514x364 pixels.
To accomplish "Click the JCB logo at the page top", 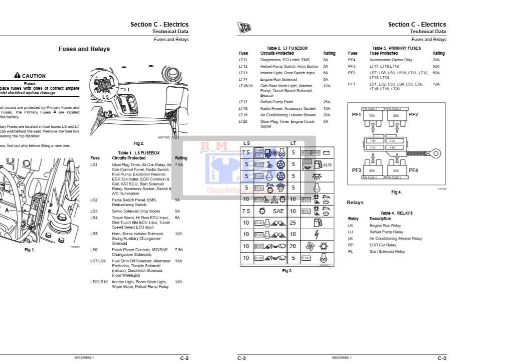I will (244, 28).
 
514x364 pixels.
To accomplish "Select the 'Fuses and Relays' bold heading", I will (84, 49).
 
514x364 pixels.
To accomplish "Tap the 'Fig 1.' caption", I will (30, 250).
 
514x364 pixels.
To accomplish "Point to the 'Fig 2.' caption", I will (139, 143).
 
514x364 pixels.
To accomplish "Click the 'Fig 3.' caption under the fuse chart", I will (287, 271).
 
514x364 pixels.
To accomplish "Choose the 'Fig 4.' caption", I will (396, 192).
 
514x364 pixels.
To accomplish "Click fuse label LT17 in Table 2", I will (243, 102).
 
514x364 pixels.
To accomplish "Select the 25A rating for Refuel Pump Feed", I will (327, 102).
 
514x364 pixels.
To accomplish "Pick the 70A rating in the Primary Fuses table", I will (436, 84).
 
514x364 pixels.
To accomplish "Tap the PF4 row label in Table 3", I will (352, 60).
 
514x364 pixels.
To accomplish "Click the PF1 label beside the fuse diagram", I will (356, 115).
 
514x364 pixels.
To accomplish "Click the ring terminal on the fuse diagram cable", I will (435, 153).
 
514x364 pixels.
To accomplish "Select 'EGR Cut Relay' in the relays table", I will (383, 245).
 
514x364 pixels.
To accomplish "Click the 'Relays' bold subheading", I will (355, 203).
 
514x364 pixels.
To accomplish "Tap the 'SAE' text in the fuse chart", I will (278, 211).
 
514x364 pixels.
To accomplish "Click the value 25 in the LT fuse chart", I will (293, 223).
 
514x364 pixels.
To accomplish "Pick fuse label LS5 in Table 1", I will (94, 234).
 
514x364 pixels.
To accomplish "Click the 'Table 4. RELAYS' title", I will (397, 213).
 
